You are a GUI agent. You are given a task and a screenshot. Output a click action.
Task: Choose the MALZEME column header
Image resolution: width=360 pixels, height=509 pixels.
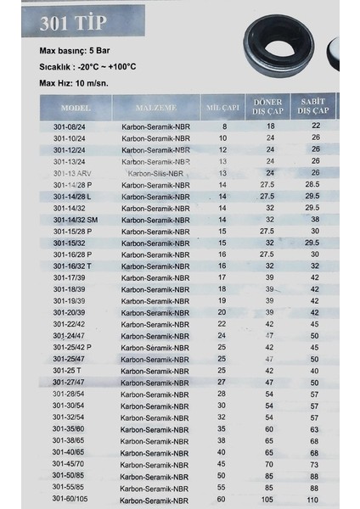tap(155, 109)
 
